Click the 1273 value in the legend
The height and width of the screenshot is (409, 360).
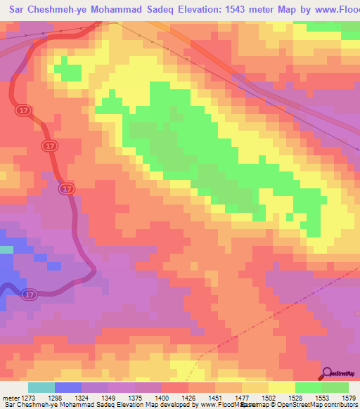tap(27, 398)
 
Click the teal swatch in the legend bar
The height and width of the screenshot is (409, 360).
tap(41, 387)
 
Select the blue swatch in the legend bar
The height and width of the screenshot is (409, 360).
tap(67, 387)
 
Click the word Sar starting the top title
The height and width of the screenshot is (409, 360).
tap(19, 10)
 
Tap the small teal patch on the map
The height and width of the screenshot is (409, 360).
tap(6, 249)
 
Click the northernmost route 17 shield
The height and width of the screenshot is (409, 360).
tap(22, 110)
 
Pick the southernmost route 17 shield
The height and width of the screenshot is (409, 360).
tap(29, 293)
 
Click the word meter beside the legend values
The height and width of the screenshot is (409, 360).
tap(10, 398)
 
